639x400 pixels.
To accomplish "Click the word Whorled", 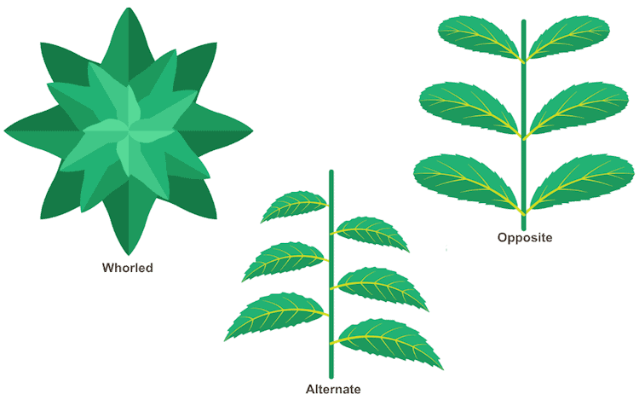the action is coord(128,268).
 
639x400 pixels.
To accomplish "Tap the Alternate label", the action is coord(333,389).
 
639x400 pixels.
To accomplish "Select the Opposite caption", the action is coord(525,237).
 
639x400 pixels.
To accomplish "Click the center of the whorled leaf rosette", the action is coord(129,130).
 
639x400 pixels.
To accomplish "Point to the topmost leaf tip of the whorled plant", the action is coord(129,8).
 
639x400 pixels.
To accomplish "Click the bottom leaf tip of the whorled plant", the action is coord(129,255).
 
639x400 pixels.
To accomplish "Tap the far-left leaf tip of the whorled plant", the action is coord(4,130).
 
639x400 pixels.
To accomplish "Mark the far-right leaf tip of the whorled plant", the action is coord(253,130).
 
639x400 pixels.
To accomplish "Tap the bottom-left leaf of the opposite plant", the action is coord(468,183).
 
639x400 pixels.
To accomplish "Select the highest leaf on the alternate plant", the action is coord(294,206).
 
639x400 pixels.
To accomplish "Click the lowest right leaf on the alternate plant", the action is coord(387,343).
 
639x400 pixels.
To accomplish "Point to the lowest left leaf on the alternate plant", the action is coord(276,316).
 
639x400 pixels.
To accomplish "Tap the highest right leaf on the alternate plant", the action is coord(370,234).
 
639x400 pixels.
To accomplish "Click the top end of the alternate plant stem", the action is coord(331,171).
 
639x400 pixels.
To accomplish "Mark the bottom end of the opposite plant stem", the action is coord(524,229).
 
